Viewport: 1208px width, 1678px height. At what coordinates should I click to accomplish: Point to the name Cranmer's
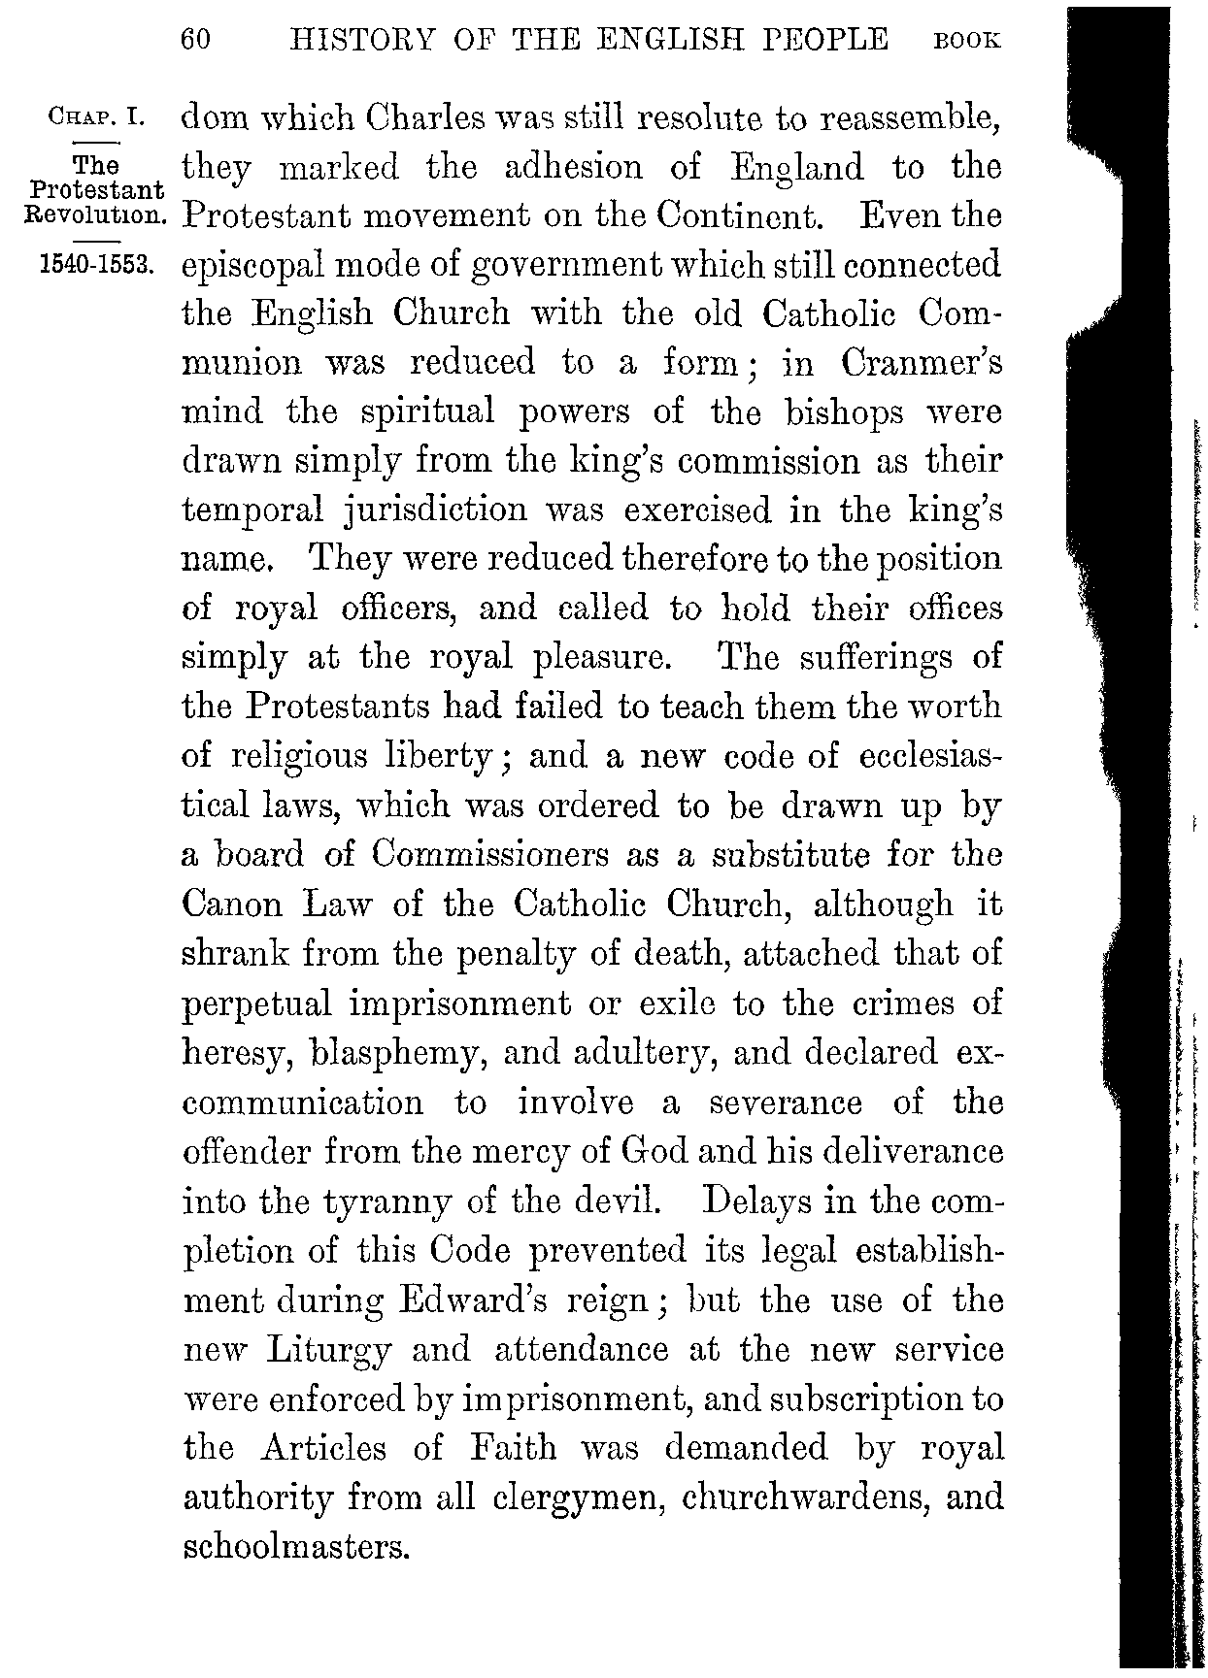[x=922, y=362]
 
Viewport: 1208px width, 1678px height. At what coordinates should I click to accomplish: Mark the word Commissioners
[x=490, y=854]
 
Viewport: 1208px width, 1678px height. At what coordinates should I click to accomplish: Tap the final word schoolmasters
[x=293, y=1546]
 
